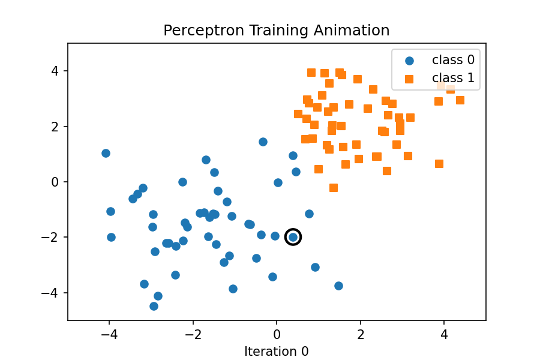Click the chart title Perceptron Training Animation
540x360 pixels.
pos(277,31)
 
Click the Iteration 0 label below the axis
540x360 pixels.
pos(277,352)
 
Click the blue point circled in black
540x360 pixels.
pos(293,237)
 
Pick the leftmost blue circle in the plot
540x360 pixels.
pos(106,153)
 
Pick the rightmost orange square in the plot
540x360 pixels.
pos(460,100)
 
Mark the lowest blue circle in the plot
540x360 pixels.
pos(154,306)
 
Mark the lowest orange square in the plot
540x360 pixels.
pos(334,188)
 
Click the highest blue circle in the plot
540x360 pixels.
pos(263,142)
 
